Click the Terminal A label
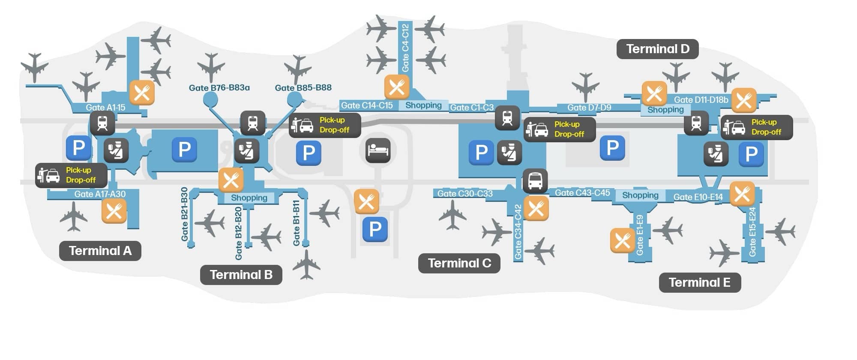click(100, 251)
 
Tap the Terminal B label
click(241, 275)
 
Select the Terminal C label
click(459, 263)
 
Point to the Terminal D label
click(657, 49)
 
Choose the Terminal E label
click(699, 282)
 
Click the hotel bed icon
click(378, 150)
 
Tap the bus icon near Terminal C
click(535, 181)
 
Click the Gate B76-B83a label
click(219, 88)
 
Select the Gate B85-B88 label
click(303, 88)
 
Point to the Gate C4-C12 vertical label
click(405, 48)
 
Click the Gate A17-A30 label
click(100, 194)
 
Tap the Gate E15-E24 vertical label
click(752, 232)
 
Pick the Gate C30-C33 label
click(464, 194)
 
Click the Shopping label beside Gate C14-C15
click(423, 105)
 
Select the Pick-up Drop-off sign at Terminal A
click(71, 175)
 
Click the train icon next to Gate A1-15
click(102, 123)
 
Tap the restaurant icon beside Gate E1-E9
click(622, 240)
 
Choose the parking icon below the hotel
click(375, 229)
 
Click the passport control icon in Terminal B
click(247, 151)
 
